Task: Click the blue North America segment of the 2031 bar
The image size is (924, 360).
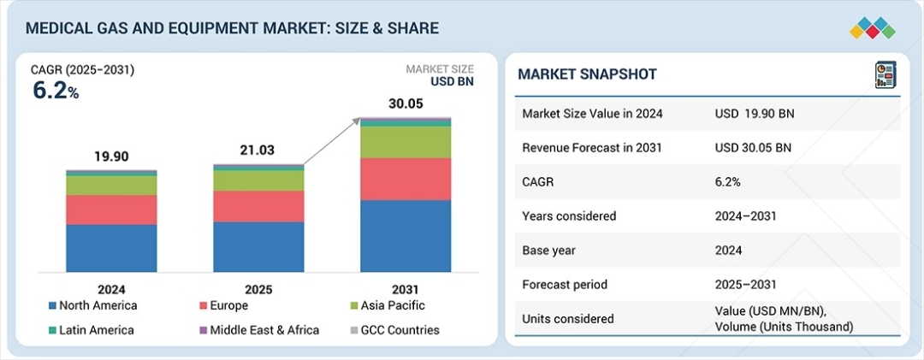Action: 406,236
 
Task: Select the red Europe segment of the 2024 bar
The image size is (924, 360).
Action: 111,210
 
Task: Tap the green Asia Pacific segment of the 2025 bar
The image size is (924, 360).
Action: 258,180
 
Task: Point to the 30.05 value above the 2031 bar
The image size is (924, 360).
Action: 406,103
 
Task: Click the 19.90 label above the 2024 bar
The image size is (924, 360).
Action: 111,156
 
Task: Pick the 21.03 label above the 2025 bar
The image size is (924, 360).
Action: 258,150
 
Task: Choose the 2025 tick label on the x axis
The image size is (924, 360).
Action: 258,289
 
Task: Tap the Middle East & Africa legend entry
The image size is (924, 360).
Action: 258,330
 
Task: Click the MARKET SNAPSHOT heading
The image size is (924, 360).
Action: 587,74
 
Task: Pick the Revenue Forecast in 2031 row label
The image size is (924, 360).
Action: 592,147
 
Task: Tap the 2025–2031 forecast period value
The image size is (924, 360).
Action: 746,284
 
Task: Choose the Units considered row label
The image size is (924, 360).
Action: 568,318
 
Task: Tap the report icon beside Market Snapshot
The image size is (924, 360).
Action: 884,74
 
